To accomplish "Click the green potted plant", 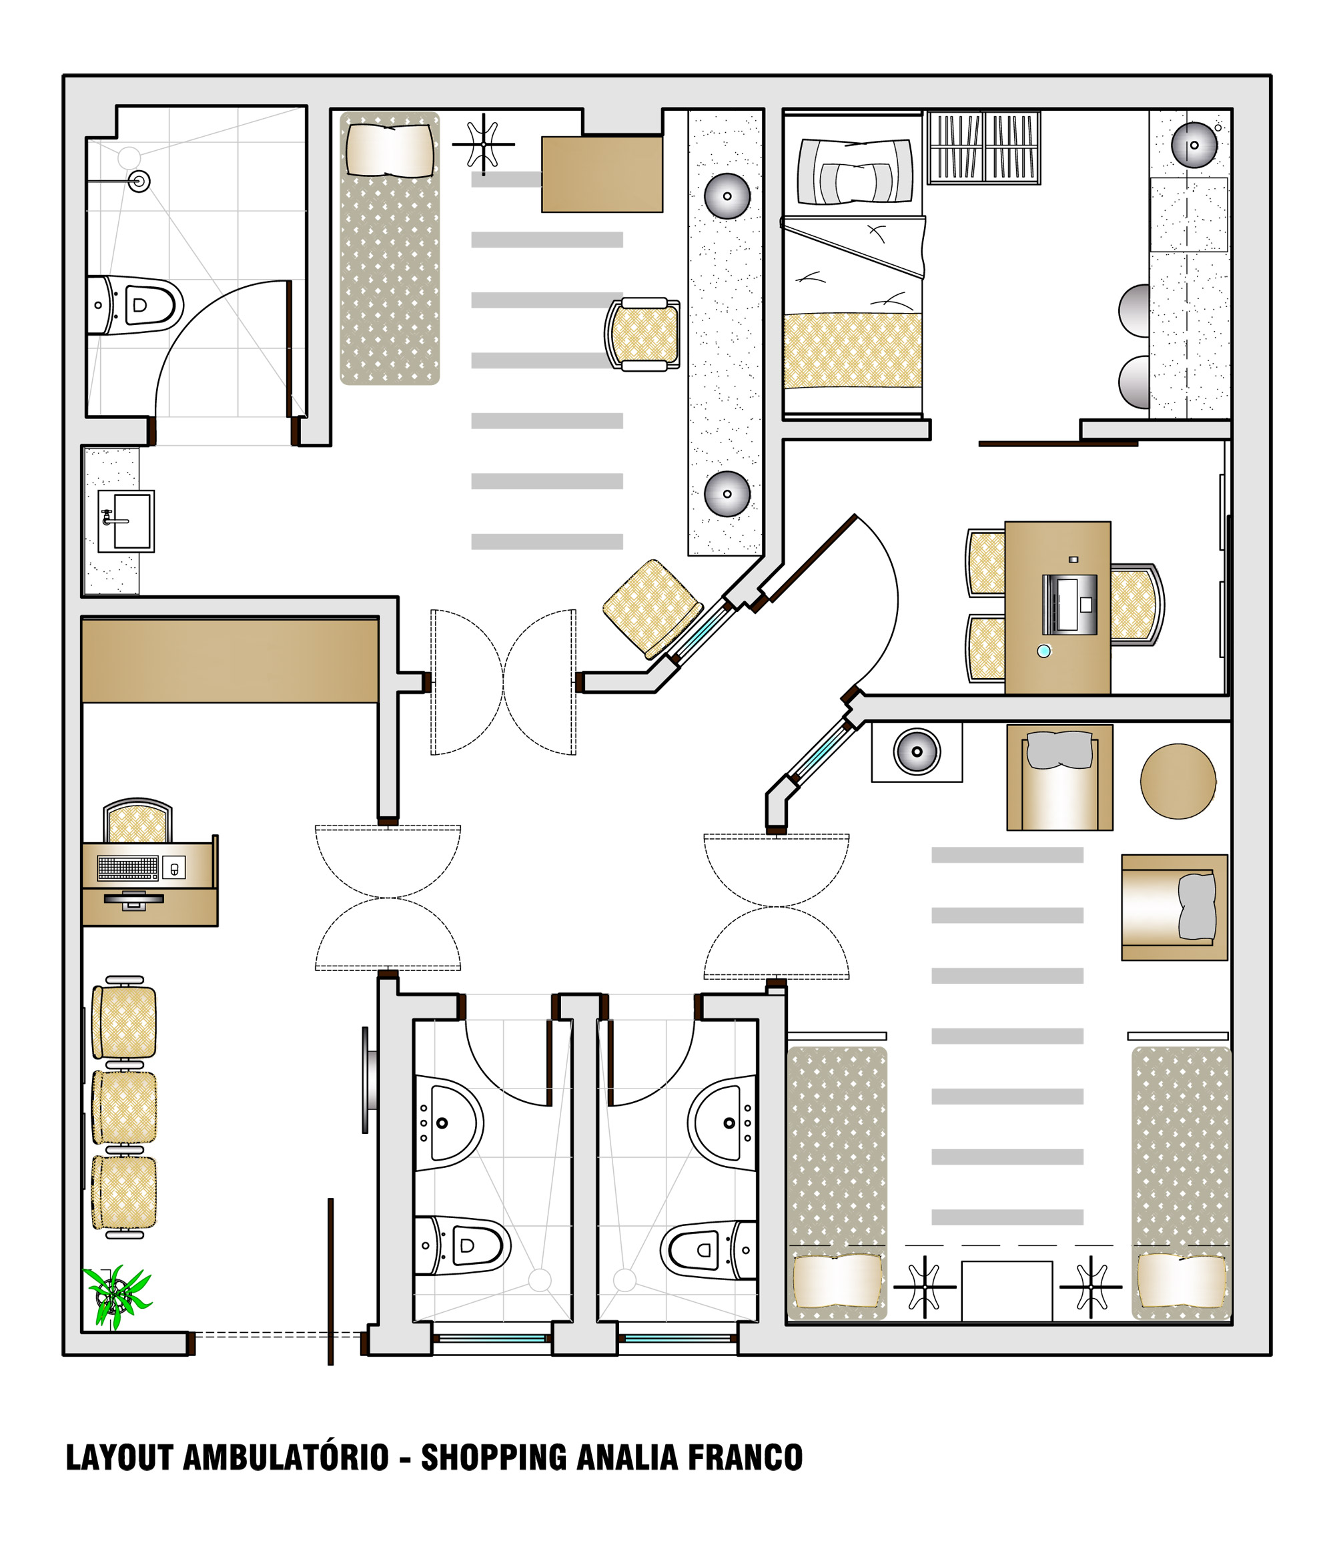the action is tap(115, 1298).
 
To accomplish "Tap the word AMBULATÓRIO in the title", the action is tap(286, 1457).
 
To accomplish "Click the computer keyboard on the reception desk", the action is tap(127, 867).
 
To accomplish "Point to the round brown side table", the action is tap(1178, 781).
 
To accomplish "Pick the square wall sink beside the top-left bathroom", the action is tap(126, 521).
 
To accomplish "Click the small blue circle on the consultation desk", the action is tap(1043, 651).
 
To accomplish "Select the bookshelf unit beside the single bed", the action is tap(983, 147).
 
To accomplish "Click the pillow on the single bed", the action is tap(855, 172).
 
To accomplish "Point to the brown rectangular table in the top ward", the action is tap(602, 174).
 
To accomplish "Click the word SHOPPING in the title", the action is tap(494, 1458).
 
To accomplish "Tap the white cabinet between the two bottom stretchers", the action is tap(1006, 1291).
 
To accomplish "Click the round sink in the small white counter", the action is tap(916, 751).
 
